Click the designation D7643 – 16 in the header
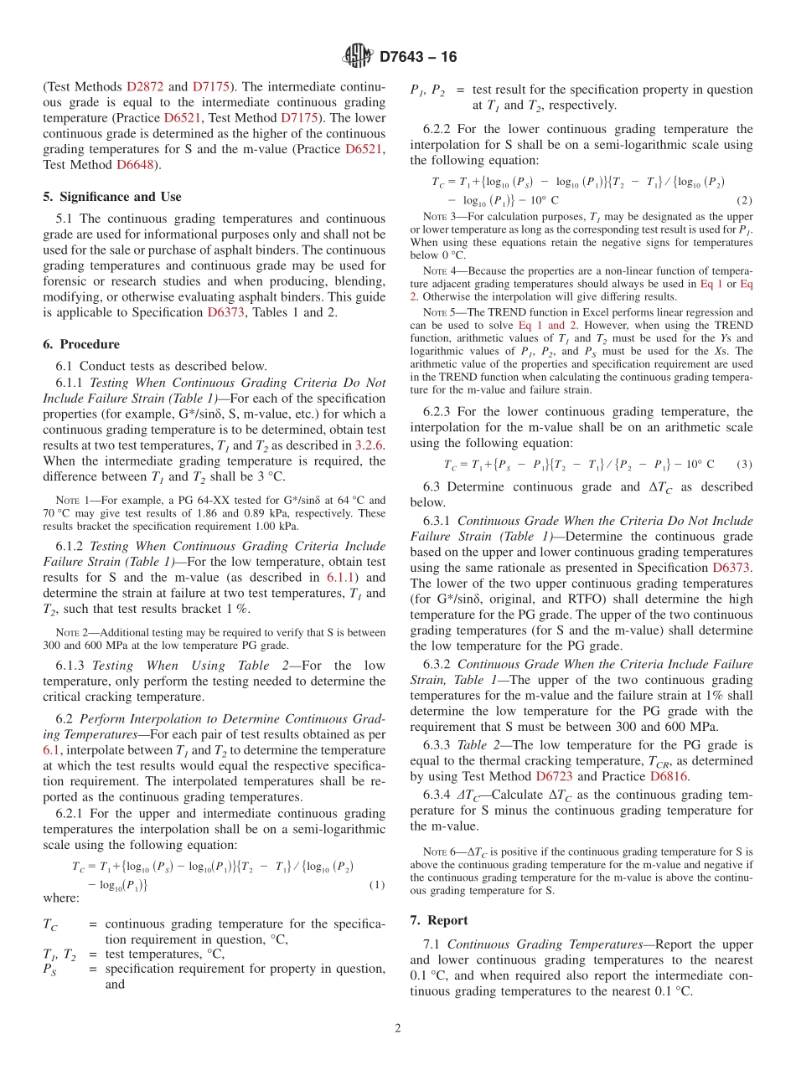point(418,57)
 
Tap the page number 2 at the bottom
point(398,1029)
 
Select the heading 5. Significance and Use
point(111,197)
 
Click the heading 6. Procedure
point(80,344)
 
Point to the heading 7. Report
point(439,920)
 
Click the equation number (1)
point(376,884)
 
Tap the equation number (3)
point(743,464)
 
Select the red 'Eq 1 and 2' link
point(547,325)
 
